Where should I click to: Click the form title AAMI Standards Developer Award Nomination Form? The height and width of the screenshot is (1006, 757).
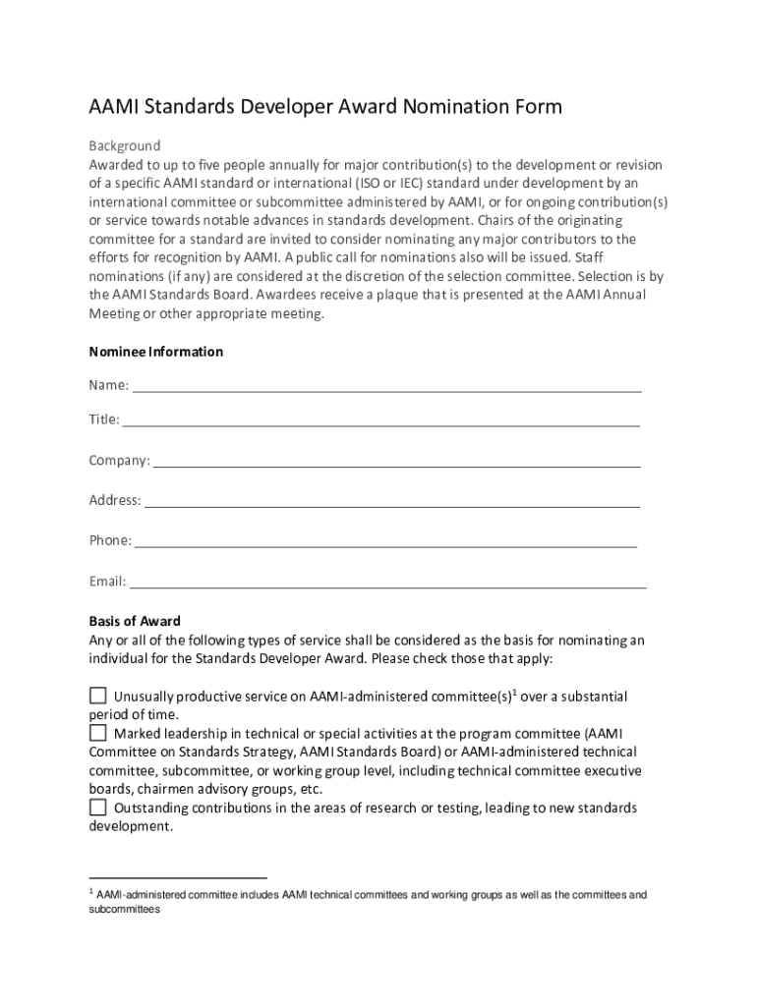point(325,107)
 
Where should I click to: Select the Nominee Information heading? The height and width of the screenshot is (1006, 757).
point(156,352)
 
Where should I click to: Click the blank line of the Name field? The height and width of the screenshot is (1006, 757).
point(387,389)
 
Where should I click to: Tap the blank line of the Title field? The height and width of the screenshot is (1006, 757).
point(381,424)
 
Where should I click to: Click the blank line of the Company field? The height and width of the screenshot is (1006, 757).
point(397,465)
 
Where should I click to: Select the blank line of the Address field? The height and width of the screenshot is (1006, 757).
point(392,505)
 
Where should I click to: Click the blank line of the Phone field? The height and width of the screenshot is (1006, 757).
point(385,544)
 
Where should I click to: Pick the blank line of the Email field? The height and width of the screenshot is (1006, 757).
point(388,585)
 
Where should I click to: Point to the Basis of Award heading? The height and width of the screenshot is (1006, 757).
point(135,621)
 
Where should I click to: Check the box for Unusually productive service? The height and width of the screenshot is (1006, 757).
point(98,696)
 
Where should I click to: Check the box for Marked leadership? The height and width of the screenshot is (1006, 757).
point(98,733)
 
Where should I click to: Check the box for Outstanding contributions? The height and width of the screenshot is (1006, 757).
point(98,808)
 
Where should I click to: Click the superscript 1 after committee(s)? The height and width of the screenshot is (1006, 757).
point(515,692)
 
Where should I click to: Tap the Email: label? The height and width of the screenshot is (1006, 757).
point(107,581)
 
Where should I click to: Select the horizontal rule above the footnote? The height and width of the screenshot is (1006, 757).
point(178,876)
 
